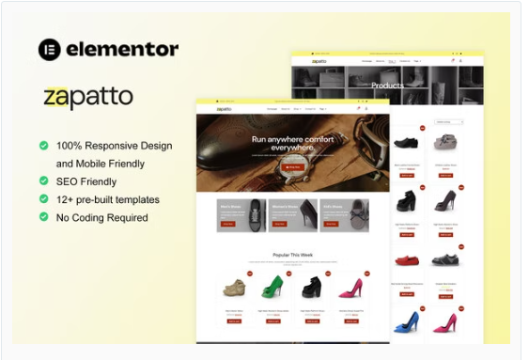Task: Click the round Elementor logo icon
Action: point(50,50)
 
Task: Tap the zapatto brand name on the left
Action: point(88,98)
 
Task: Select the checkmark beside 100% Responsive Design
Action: point(44,146)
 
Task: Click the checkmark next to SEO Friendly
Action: point(44,180)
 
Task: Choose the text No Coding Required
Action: point(101,217)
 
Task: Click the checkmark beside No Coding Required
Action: point(44,217)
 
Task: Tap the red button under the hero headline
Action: point(292,166)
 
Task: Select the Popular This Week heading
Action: point(292,254)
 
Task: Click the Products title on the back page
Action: point(387,86)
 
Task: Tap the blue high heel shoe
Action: point(407,322)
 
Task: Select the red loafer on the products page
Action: point(407,260)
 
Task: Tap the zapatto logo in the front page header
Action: point(224,109)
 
